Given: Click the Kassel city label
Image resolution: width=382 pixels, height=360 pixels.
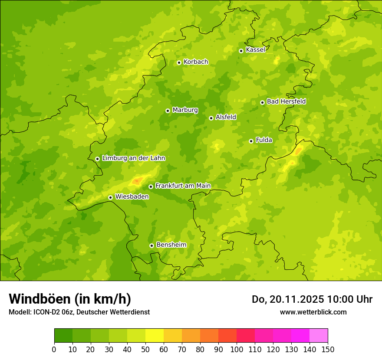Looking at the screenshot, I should pyautogui.click(x=255, y=50).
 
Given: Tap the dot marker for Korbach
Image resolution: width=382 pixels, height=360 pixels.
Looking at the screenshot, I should pyautogui.click(x=179, y=62).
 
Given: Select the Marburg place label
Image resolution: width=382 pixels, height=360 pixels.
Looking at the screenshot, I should pyautogui.click(x=185, y=110).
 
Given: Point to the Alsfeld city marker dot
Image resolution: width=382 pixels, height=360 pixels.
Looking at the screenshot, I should pyautogui.click(x=211, y=118).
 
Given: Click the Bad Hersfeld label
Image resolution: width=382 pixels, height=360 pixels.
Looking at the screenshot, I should pyautogui.click(x=286, y=101).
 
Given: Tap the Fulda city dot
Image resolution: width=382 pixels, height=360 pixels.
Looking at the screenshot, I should pyautogui.click(x=251, y=141).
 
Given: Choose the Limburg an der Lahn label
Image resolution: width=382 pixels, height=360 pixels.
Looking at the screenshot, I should pyautogui.click(x=133, y=158).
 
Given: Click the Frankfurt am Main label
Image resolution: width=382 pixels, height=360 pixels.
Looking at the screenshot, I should pyautogui.click(x=183, y=186).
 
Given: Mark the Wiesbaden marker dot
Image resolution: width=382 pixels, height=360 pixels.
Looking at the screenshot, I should pyautogui.click(x=110, y=197).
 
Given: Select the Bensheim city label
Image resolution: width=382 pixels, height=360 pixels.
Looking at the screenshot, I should pyautogui.click(x=171, y=245).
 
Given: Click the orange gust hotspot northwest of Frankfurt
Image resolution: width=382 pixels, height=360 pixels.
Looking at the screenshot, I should pyautogui.click(x=137, y=180).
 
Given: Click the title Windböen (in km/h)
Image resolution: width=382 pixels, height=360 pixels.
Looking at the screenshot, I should pyautogui.click(x=70, y=299).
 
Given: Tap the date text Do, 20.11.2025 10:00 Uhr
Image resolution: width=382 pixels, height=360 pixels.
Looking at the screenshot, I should pyautogui.click(x=312, y=299).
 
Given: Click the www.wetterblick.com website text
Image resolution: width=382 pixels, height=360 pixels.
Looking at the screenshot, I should pyautogui.click(x=313, y=312).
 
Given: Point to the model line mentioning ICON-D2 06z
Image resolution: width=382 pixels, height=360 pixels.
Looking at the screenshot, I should pyautogui.click(x=79, y=312).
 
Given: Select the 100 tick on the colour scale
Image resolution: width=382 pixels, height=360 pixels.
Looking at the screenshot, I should pyautogui.click(x=237, y=350).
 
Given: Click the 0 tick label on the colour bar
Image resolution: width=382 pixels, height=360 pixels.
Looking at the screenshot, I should pyautogui.click(x=54, y=350).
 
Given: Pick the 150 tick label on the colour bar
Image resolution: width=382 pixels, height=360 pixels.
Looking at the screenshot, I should pyautogui.click(x=328, y=350).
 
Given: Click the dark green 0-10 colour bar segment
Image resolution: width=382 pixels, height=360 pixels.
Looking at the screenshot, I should pyautogui.click(x=63, y=336).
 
